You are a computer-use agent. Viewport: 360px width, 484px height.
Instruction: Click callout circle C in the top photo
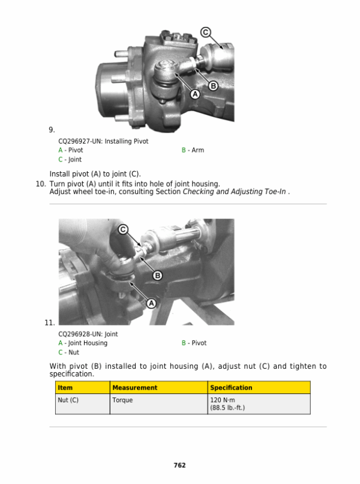pos(206,32)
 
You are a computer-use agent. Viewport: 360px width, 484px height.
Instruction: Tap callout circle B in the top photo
pos(213,86)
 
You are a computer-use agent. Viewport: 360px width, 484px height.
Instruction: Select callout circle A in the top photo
pos(195,94)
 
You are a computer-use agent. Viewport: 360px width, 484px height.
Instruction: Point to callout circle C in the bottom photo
pos(123,229)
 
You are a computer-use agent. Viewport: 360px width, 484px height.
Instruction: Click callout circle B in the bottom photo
pos(158,276)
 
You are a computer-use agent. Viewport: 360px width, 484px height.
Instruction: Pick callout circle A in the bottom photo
pos(151,303)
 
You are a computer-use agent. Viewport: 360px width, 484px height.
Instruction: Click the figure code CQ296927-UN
pos(80,141)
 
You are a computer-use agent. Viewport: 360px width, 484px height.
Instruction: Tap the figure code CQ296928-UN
pos(80,334)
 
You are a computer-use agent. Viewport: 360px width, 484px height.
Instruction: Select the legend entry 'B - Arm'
pos(193,150)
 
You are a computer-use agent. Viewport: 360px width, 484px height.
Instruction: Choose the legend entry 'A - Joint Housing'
pos(83,343)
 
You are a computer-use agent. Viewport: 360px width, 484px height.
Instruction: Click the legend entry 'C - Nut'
pos(69,352)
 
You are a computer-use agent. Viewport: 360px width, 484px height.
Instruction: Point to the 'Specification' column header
pos(231,388)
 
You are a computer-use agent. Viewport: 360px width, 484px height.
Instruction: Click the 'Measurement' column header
pos(135,388)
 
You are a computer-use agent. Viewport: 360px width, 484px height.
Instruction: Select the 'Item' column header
pos(65,388)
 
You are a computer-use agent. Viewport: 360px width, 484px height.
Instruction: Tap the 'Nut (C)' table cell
pos(68,400)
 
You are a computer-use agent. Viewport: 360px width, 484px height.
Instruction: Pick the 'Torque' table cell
pos(122,400)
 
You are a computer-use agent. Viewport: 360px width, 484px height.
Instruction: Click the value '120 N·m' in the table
pos(223,400)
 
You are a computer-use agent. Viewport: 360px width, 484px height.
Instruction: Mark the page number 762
pos(180,465)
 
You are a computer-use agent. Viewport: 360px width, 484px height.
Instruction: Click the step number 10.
pos(41,184)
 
